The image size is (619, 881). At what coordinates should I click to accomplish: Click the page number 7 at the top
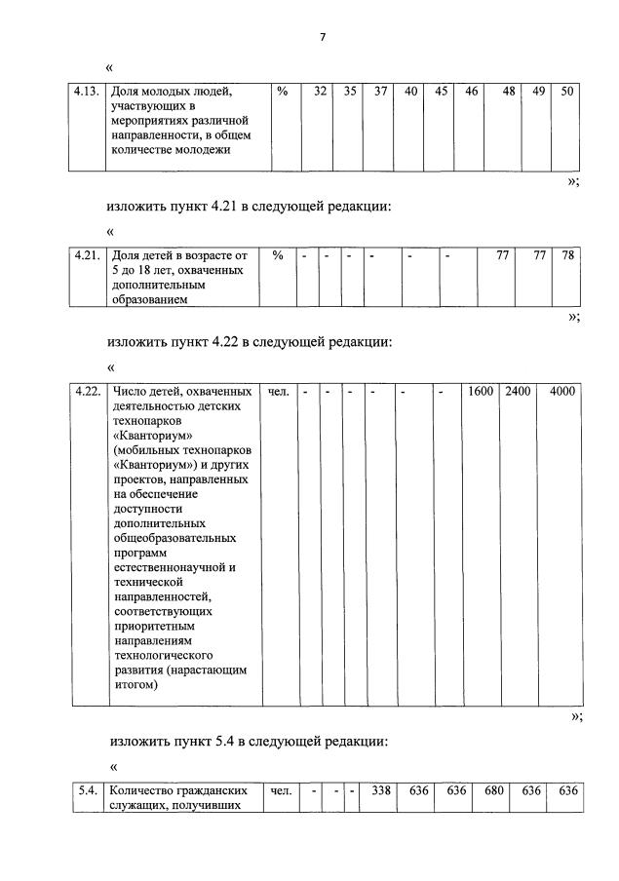[x=322, y=37]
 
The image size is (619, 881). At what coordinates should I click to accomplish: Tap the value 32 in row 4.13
[x=319, y=92]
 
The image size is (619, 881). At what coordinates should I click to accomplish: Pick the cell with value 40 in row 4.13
[x=410, y=92]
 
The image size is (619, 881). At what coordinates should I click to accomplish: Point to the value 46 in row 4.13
[x=471, y=92]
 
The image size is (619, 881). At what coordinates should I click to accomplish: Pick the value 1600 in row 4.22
[x=480, y=392]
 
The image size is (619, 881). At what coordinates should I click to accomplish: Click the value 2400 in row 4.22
[x=518, y=392]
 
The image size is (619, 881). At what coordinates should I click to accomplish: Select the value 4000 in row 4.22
[x=561, y=392]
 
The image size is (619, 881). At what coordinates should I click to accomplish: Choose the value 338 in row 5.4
[x=380, y=790]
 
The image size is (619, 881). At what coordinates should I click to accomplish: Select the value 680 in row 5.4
[x=494, y=790]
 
